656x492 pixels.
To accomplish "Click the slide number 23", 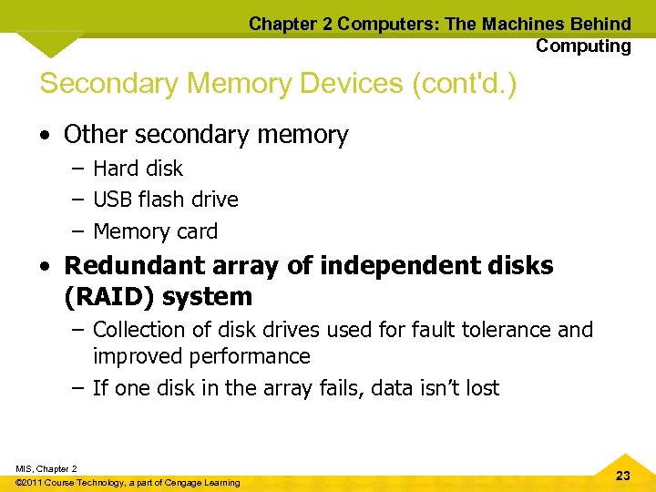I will pos(623,476).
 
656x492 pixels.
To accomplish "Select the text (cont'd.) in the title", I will pos(465,83).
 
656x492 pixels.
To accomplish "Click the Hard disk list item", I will pos(138,169).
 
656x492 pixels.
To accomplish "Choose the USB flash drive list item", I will pos(165,200).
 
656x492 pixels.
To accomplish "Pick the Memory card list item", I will pos(155,231).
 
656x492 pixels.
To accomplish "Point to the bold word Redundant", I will pos(137,265).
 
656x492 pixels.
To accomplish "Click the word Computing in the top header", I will pos(583,46).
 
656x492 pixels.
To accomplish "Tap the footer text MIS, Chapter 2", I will pos(46,468).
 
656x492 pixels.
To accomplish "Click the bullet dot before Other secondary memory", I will pos(45,136).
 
